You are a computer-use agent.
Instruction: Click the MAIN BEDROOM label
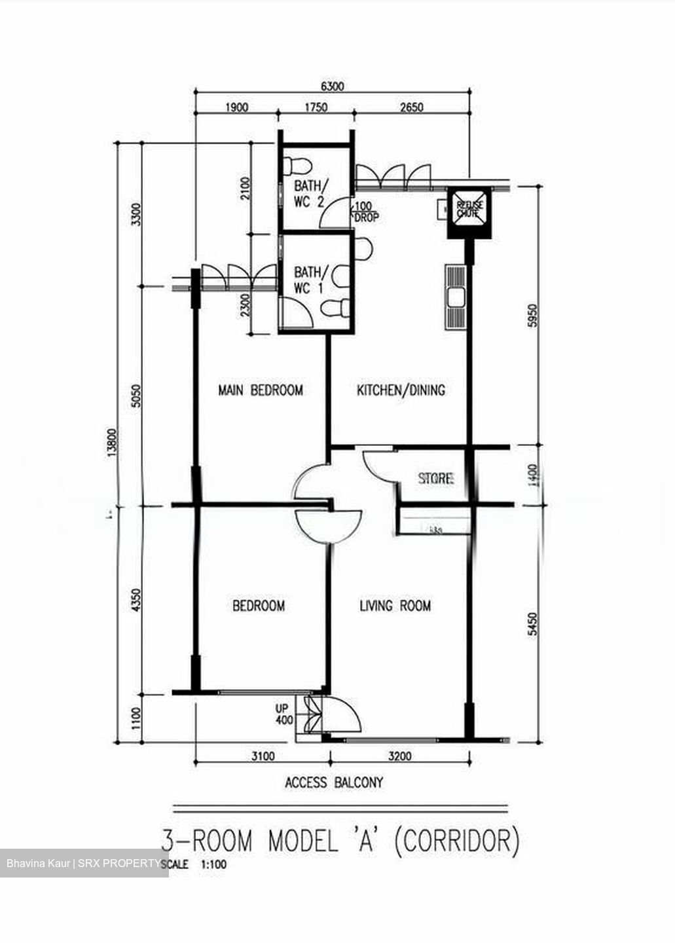pos(260,390)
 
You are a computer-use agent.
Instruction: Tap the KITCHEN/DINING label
pos(401,390)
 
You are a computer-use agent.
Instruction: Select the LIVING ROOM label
pos(395,606)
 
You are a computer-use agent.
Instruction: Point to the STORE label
pos(436,479)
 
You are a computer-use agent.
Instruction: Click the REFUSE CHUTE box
pos(467,210)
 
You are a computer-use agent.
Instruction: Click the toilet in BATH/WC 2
pos(297,164)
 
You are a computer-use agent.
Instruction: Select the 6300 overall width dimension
pos(332,86)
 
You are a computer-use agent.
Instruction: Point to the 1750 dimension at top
pos(316,107)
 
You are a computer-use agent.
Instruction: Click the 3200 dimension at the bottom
pos(399,756)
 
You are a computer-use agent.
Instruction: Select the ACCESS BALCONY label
pos(334,782)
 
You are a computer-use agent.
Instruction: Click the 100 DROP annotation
pos(365,212)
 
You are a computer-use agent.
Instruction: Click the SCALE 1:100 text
pos(194,864)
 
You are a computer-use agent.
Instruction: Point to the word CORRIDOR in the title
pos(457,840)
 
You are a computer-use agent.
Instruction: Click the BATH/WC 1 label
pos(308,280)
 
